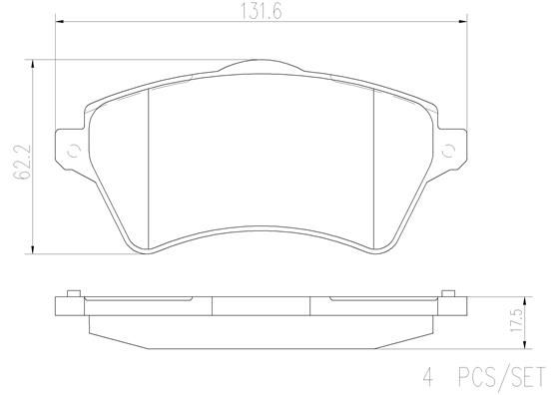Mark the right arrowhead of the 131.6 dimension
coord(463,22)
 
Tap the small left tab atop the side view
coord(73,293)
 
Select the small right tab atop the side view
coord(446,293)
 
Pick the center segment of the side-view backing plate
coord(260,307)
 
